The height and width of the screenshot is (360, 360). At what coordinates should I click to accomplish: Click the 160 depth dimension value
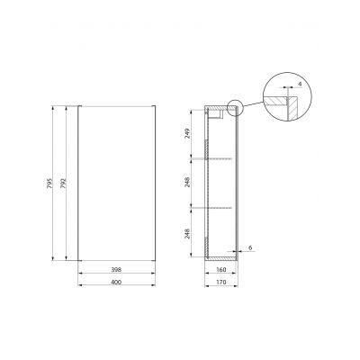coord(221,269)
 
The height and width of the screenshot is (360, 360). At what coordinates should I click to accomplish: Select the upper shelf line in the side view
coord(221,159)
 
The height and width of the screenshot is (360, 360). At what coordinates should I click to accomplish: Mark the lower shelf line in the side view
coord(221,208)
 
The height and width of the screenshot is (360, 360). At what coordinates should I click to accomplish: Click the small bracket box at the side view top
coord(216,112)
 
